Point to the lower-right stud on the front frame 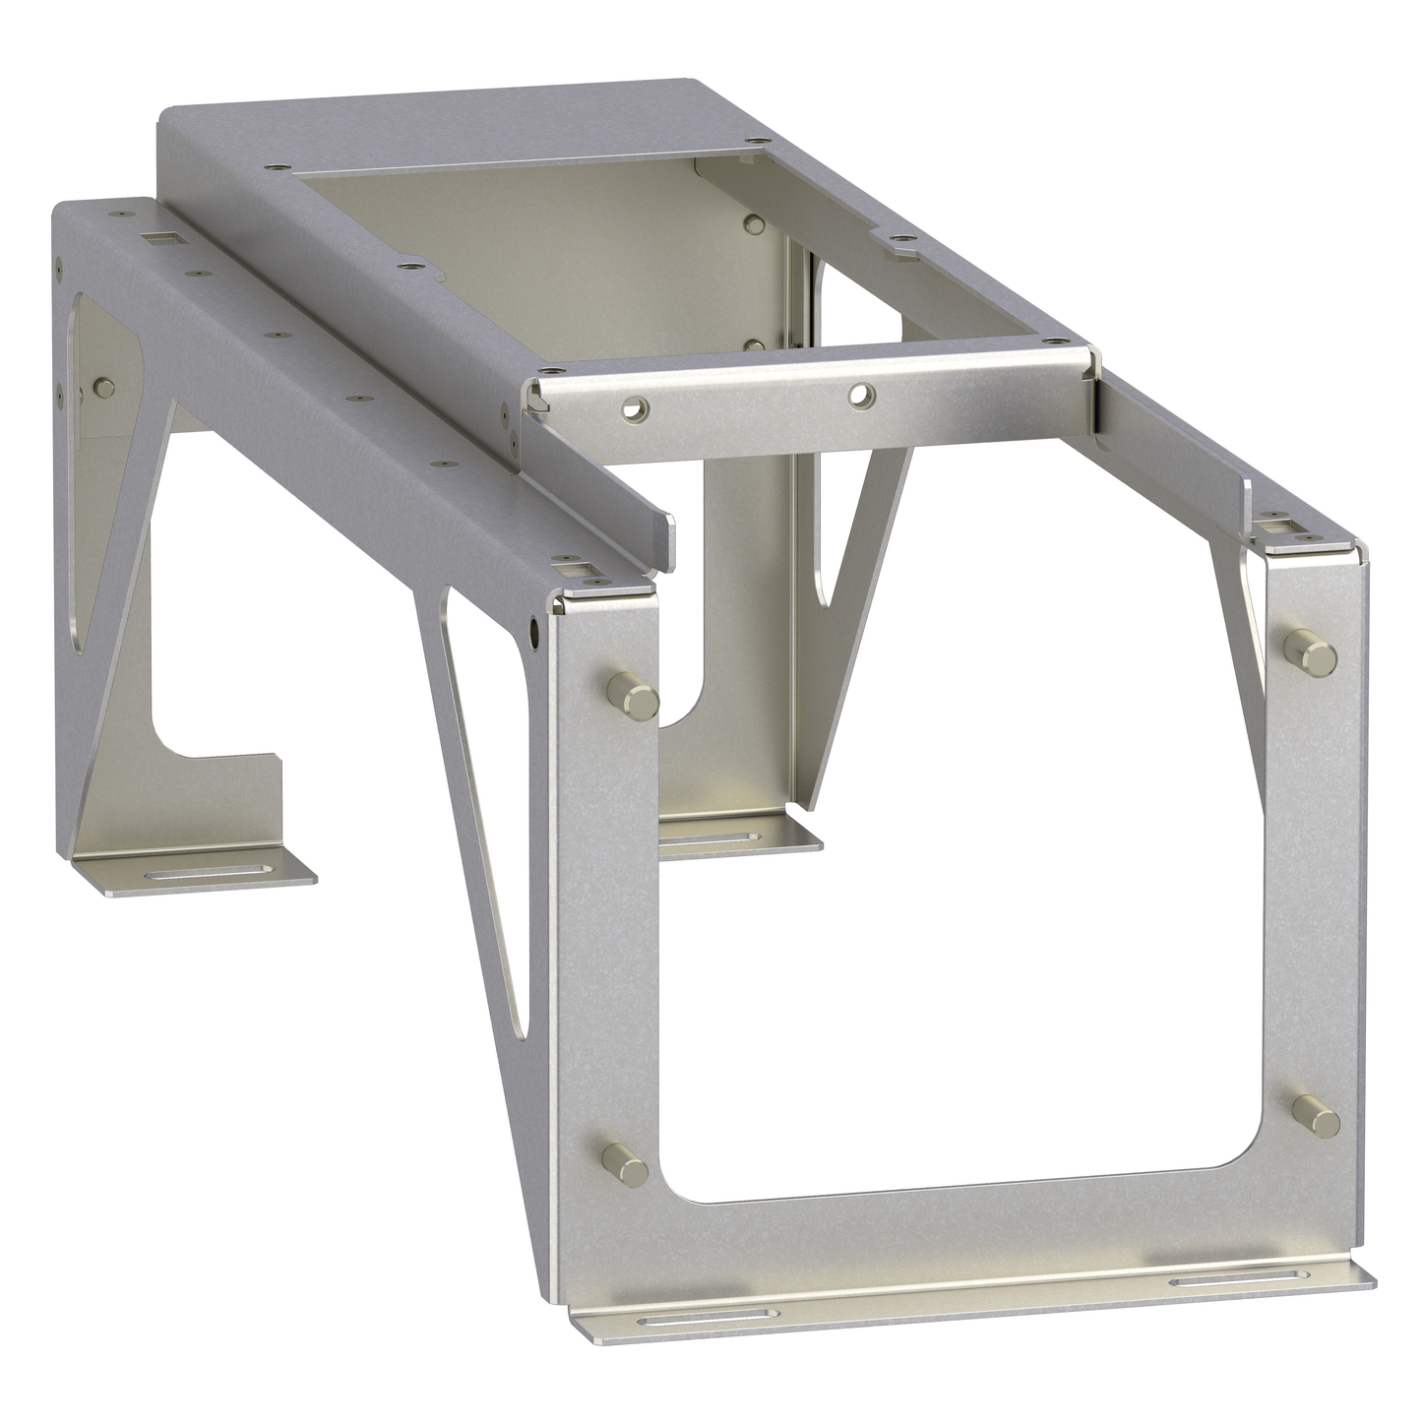click(1316, 1115)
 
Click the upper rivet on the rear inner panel click(755, 223)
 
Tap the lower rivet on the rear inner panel click(754, 346)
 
